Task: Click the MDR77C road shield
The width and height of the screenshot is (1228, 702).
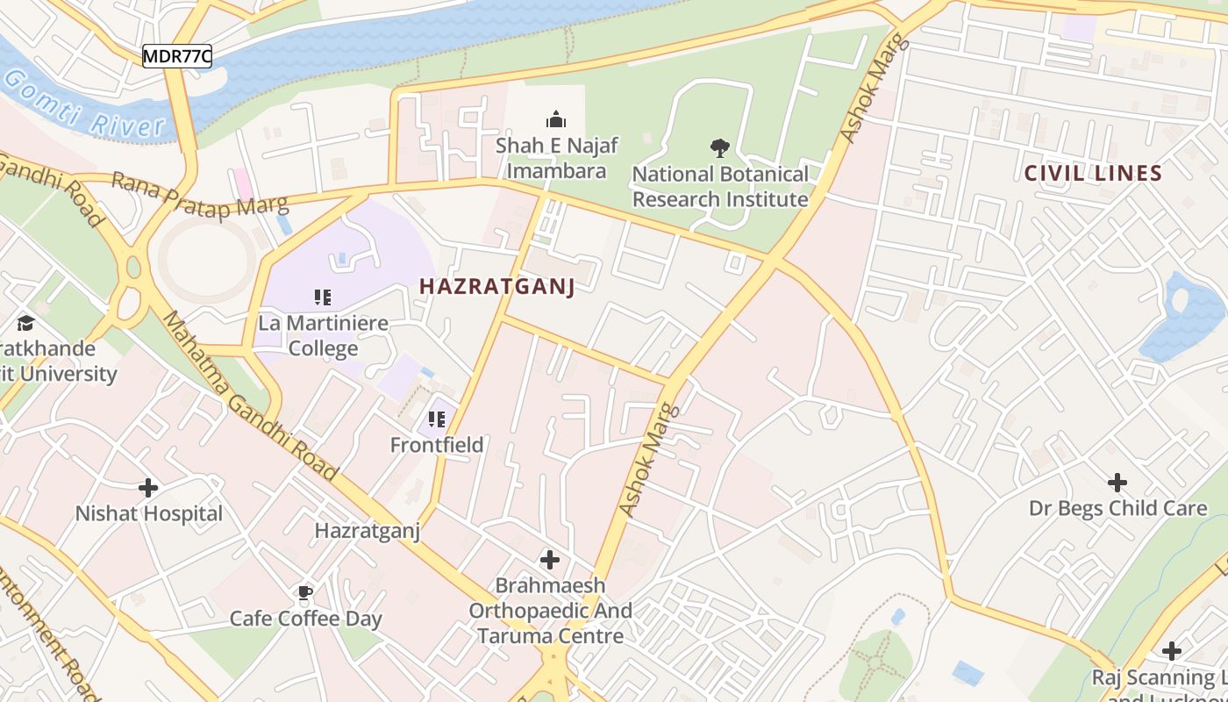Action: [177, 56]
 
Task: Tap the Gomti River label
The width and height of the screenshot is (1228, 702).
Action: [83, 106]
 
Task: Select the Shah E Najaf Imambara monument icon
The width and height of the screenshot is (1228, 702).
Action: [555, 119]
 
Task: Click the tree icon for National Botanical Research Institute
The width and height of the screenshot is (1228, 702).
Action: [720, 148]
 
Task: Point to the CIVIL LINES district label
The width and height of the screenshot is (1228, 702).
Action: [1093, 173]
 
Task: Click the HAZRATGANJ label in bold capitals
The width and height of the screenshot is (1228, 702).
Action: [496, 286]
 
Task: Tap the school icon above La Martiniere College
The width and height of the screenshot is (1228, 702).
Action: [323, 297]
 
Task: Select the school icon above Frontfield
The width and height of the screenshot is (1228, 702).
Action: [437, 419]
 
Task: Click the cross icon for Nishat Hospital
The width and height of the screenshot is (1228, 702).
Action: [148, 487]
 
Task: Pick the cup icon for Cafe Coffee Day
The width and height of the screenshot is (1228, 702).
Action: [305, 593]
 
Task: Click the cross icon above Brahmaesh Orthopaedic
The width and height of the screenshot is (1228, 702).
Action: [550, 559]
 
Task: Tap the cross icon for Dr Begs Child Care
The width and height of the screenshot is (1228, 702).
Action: [1117, 482]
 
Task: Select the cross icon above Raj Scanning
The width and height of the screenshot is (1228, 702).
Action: [1171, 651]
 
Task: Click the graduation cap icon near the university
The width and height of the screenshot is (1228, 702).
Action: [25, 323]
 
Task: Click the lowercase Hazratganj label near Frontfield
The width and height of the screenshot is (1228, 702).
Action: [368, 530]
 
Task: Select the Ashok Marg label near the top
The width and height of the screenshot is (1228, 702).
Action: [872, 88]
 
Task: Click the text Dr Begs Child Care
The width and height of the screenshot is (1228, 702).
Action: [1117, 508]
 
